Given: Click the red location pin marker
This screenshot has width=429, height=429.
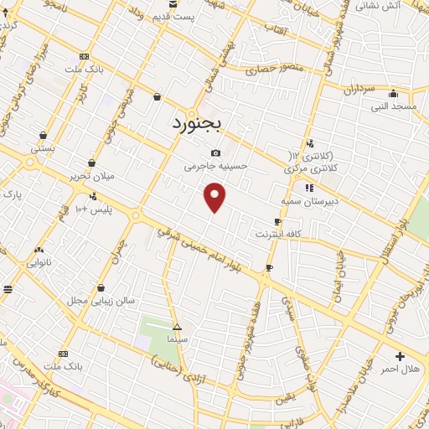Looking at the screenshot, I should click(x=215, y=197).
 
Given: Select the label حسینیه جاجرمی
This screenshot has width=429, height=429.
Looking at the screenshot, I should click(x=217, y=166).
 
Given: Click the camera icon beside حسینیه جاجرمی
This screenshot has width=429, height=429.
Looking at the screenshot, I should click(x=216, y=152).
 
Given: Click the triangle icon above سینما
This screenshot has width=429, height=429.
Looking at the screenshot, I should click(x=177, y=326).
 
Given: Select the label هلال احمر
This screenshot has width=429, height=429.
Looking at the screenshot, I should click(x=400, y=369).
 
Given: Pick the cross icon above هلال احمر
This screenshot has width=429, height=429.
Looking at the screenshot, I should click(x=400, y=356).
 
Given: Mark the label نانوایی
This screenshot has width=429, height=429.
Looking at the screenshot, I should click(x=39, y=261).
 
